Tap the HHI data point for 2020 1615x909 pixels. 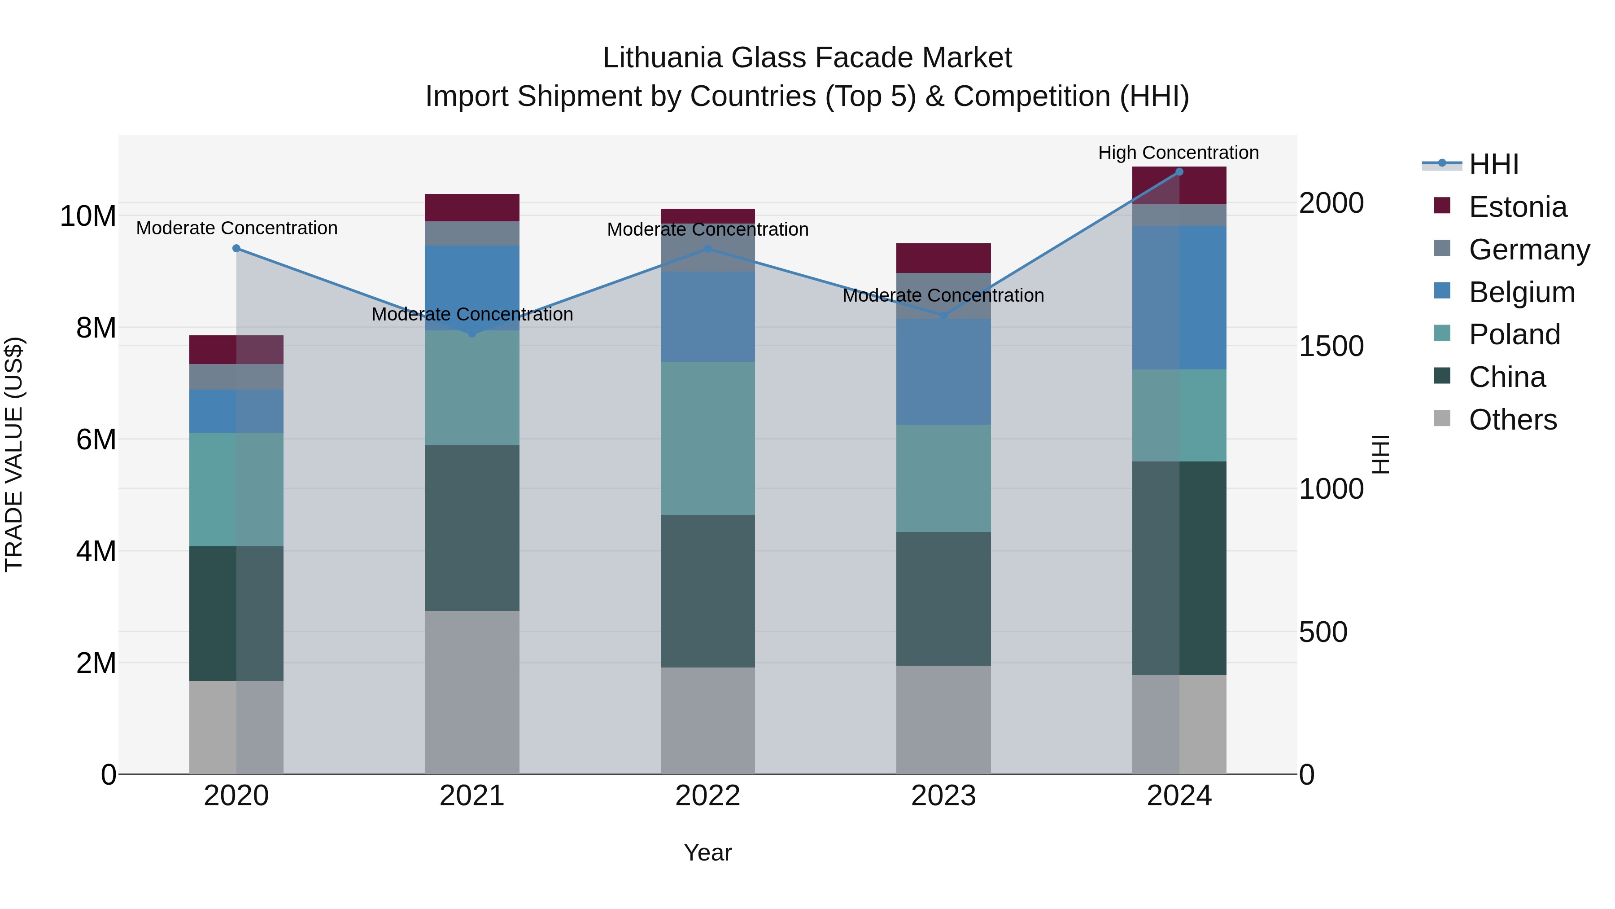click(236, 248)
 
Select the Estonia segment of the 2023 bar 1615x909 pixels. click(943, 258)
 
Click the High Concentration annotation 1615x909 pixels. click(1178, 153)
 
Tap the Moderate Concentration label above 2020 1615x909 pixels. click(236, 228)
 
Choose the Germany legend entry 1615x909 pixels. click(1528, 249)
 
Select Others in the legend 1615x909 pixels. click(1512, 419)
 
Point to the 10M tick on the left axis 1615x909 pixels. click(88, 216)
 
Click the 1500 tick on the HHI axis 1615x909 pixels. click(1331, 346)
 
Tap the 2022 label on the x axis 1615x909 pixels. click(708, 795)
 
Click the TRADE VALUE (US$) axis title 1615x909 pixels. click(14, 454)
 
